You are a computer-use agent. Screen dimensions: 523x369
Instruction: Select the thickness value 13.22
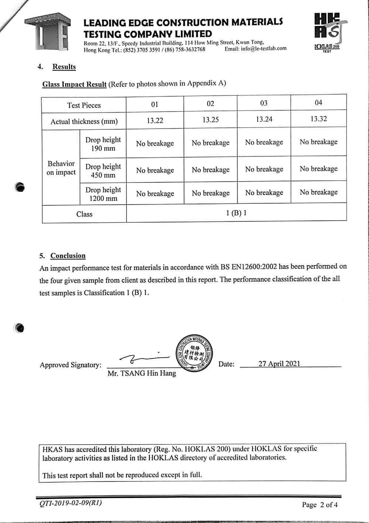tap(155, 120)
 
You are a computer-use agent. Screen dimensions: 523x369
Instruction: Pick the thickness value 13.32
tap(318, 119)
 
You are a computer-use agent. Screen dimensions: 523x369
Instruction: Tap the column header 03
tap(264, 103)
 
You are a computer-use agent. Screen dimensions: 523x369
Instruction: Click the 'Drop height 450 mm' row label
tap(103, 171)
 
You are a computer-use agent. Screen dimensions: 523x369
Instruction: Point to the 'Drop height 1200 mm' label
tap(103, 194)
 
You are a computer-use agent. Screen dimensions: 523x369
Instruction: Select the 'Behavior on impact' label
tap(61, 168)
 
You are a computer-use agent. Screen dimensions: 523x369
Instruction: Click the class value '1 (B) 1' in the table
tap(236, 213)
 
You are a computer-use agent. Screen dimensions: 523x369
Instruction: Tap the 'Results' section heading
tap(64, 67)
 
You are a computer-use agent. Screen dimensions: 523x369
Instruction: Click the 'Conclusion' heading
tap(68, 256)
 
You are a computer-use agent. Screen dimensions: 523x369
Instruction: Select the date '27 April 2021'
tap(279, 364)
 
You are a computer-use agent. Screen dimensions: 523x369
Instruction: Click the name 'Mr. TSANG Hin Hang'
tap(142, 374)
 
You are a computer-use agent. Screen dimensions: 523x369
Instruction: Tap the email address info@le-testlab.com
tap(263, 48)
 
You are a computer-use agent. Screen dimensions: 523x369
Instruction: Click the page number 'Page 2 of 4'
tap(320, 505)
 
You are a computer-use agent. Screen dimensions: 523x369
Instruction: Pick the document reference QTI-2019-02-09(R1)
tap(70, 503)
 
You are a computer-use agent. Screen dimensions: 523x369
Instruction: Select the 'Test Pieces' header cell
tap(84, 105)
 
